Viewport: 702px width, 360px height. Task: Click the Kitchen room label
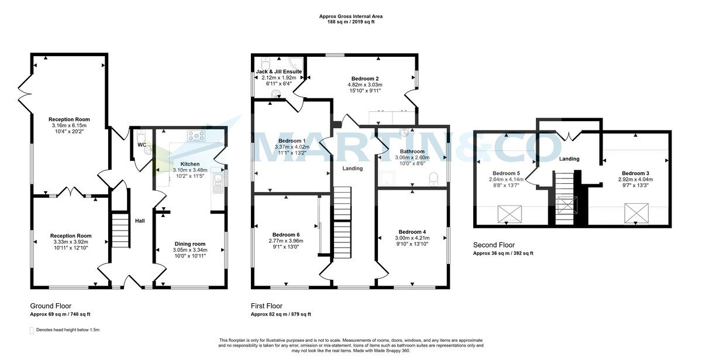click(x=190, y=164)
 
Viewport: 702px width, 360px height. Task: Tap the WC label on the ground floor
click(x=142, y=145)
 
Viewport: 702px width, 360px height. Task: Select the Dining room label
click(x=190, y=244)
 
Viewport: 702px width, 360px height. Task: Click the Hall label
click(x=140, y=221)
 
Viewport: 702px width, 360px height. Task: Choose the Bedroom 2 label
click(x=365, y=78)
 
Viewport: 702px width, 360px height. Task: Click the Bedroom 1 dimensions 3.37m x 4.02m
click(x=292, y=148)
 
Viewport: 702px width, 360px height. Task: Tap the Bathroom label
click(x=412, y=151)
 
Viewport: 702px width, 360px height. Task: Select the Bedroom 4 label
click(x=412, y=231)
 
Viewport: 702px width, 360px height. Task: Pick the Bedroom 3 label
click(x=635, y=173)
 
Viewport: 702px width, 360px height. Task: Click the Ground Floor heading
click(x=50, y=306)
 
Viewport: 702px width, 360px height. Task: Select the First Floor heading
click(x=267, y=306)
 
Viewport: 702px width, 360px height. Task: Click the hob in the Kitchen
click(x=196, y=136)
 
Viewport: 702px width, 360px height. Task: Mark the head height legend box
click(x=32, y=330)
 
